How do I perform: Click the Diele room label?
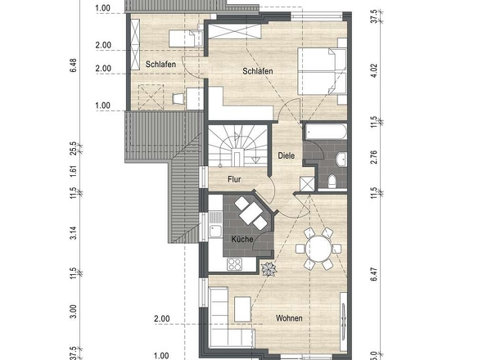point(287,155)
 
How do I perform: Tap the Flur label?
point(234,179)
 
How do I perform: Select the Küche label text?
point(242,239)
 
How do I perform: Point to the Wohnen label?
point(289,318)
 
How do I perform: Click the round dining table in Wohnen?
point(318,249)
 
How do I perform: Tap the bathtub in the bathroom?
point(326,132)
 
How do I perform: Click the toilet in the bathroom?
point(332,181)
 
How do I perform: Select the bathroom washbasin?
point(341,160)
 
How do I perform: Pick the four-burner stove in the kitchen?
point(234,264)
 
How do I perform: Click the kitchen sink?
point(215,231)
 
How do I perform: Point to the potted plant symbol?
point(269,269)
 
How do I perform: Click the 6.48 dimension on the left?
point(74,65)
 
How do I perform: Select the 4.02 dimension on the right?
point(373,70)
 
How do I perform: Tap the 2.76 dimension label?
point(373,157)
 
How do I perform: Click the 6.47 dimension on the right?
point(373,274)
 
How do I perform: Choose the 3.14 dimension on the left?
point(74,233)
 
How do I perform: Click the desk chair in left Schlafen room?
point(178,99)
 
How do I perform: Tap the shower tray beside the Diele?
point(308,184)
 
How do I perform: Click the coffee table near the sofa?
point(242,309)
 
